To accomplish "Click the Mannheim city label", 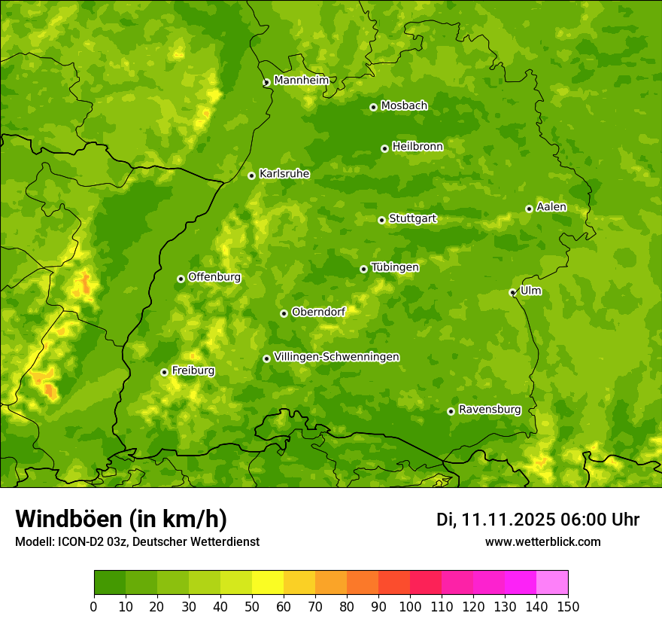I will click(301, 81).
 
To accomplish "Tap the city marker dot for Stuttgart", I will click(381, 220).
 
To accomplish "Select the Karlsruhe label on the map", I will click(284, 174).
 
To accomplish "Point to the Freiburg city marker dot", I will click(164, 372).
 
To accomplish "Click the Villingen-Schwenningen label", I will click(336, 357).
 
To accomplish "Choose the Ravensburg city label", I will click(489, 410).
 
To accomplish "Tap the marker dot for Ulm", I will click(512, 292).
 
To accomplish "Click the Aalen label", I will click(551, 207).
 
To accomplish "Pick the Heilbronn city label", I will click(418, 147).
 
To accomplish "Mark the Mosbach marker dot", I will click(373, 107).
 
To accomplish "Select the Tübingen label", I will click(394, 267).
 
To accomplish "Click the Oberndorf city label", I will click(318, 312).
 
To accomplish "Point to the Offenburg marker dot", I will click(181, 279).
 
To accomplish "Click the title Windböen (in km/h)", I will click(121, 519).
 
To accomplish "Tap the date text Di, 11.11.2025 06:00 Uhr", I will click(537, 520).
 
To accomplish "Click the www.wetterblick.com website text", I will click(542, 541).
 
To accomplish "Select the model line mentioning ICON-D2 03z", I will click(137, 541).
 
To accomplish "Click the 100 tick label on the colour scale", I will click(410, 606).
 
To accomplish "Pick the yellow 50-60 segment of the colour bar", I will click(268, 582).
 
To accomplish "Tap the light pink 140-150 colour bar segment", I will click(552, 582).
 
